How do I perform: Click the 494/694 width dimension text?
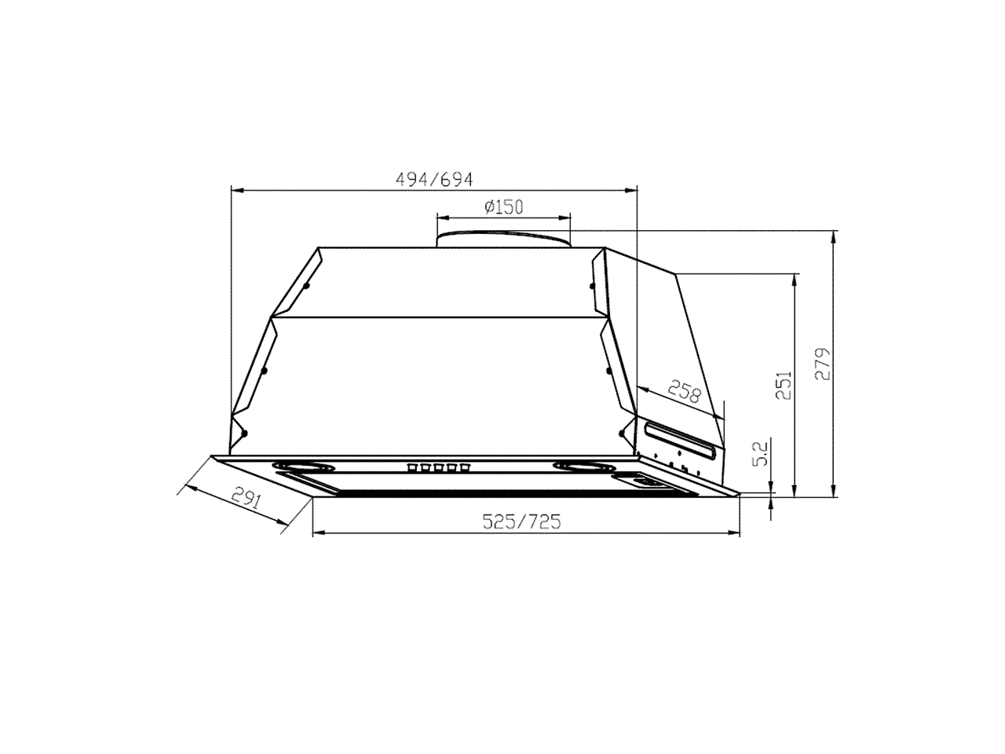[434, 179]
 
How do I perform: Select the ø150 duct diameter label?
[503, 207]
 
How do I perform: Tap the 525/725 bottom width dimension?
[521, 522]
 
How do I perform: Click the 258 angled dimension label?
[683, 390]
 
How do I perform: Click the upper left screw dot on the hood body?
[305, 287]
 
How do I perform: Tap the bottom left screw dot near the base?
[245, 433]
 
